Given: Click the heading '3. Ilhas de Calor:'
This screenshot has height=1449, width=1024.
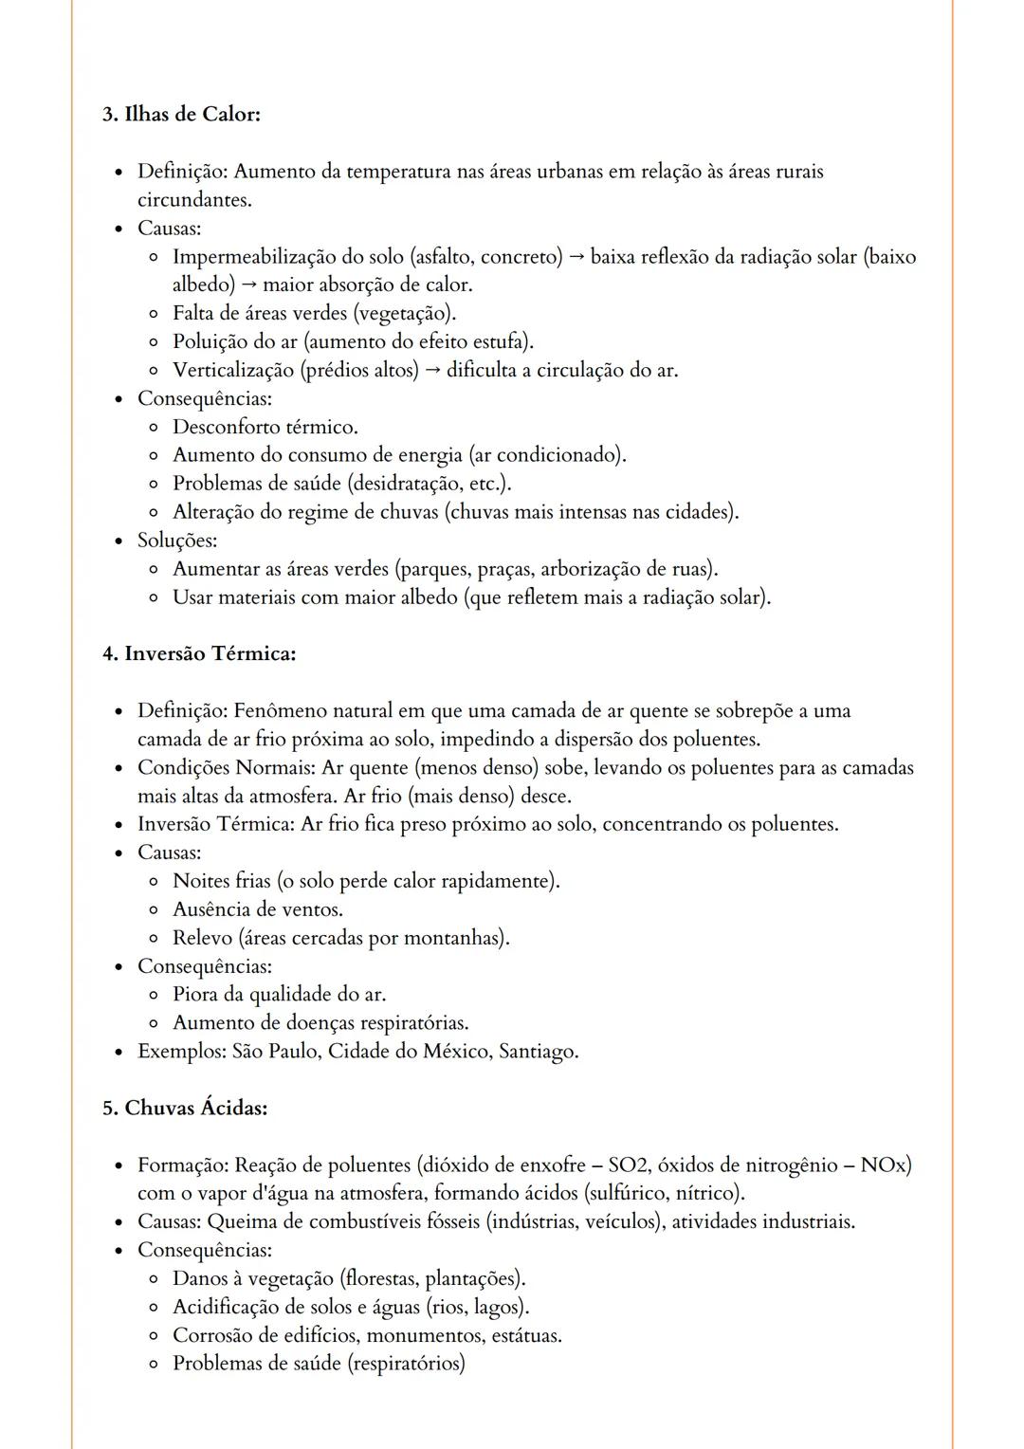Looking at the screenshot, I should (x=181, y=115).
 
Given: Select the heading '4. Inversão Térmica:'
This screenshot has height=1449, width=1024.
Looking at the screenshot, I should (x=199, y=654).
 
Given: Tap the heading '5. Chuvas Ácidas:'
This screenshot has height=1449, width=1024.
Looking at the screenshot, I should (x=185, y=1109).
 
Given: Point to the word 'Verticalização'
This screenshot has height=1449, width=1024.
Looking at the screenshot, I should (x=232, y=371).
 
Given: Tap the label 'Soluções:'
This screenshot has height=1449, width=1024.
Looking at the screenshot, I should (x=177, y=541).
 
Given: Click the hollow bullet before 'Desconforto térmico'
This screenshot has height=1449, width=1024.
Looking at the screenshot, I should (x=154, y=428).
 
